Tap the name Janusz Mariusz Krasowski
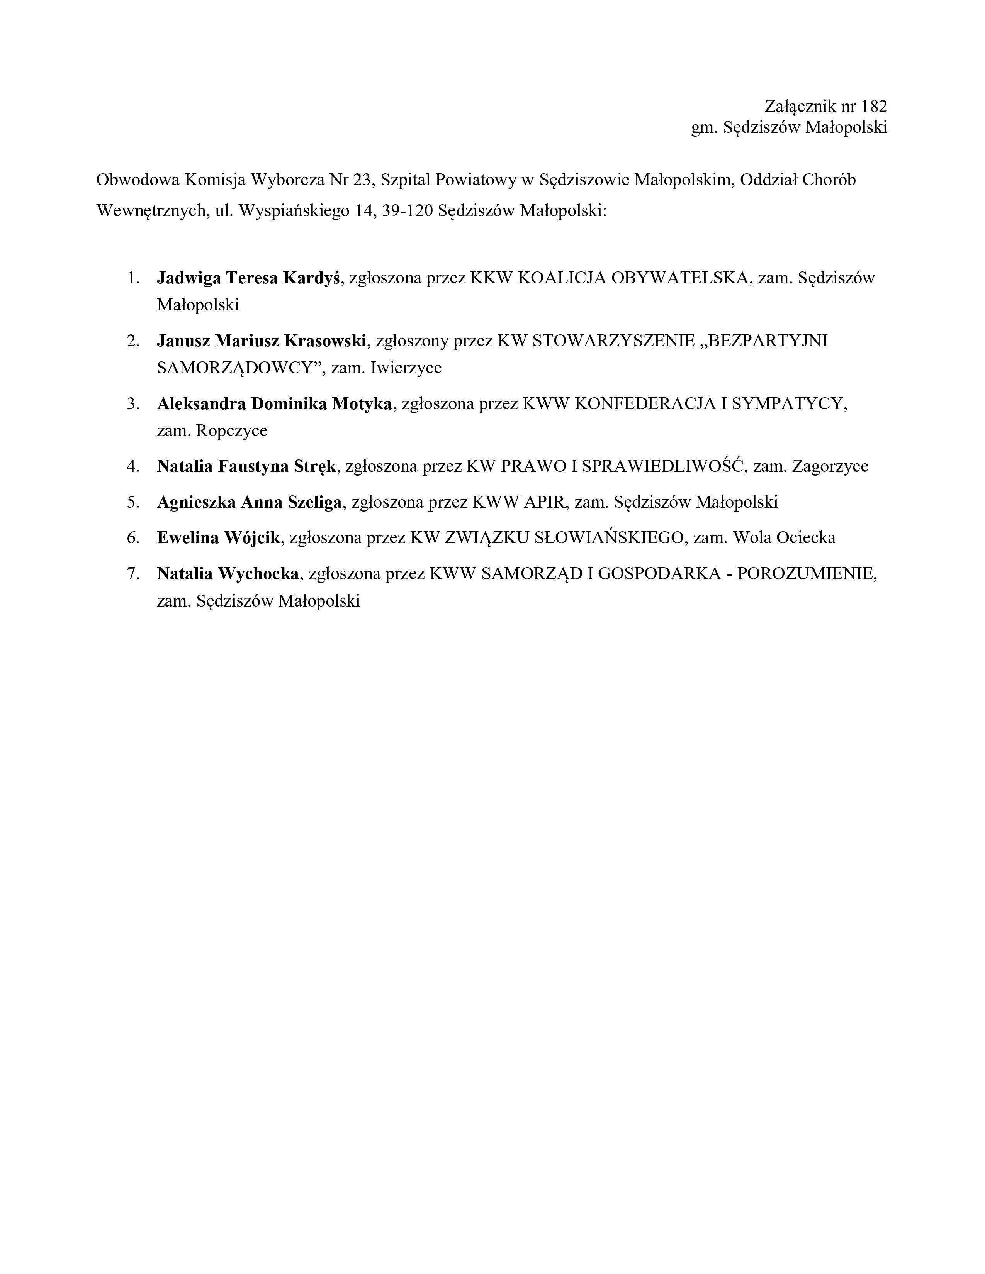pos(262,341)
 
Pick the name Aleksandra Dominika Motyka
pos(274,404)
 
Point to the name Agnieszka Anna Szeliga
pos(249,502)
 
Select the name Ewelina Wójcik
pos(219,538)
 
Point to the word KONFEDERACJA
pos(645,404)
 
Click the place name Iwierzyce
pos(406,368)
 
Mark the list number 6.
pos(133,538)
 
